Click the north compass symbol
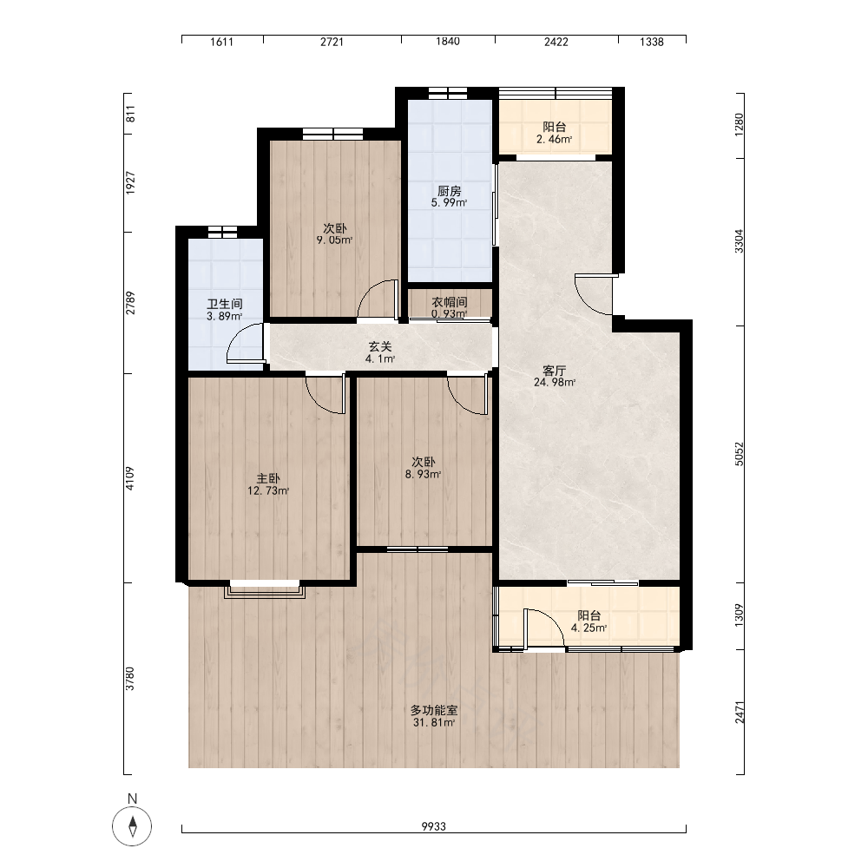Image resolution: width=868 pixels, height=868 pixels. [x=132, y=827]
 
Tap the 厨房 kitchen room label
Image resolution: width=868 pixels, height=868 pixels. [x=449, y=191]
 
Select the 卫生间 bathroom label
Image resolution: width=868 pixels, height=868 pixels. [x=225, y=304]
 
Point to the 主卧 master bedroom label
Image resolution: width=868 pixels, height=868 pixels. [x=268, y=478]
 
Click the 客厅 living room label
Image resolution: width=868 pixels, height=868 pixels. [x=554, y=370]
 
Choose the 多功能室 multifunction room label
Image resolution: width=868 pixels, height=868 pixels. [x=434, y=710]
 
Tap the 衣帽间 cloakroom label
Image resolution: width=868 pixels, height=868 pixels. [x=450, y=302]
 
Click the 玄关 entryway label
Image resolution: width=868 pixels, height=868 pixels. [x=380, y=346]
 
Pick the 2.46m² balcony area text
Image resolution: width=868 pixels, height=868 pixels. [x=554, y=140]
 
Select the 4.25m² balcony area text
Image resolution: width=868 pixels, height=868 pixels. [x=589, y=628]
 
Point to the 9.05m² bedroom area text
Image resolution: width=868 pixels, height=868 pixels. [x=334, y=240]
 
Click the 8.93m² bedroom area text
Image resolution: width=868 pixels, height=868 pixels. [x=423, y=475]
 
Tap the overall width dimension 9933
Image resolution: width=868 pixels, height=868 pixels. [x=433, y=826]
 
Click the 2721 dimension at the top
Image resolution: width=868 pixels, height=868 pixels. [x=332, y=42]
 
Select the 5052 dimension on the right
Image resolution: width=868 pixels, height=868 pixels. [x=740, y=453]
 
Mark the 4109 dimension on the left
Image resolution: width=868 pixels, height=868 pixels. [x=129, y=478]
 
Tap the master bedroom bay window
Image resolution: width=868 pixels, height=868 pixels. [x=265, y=589]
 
